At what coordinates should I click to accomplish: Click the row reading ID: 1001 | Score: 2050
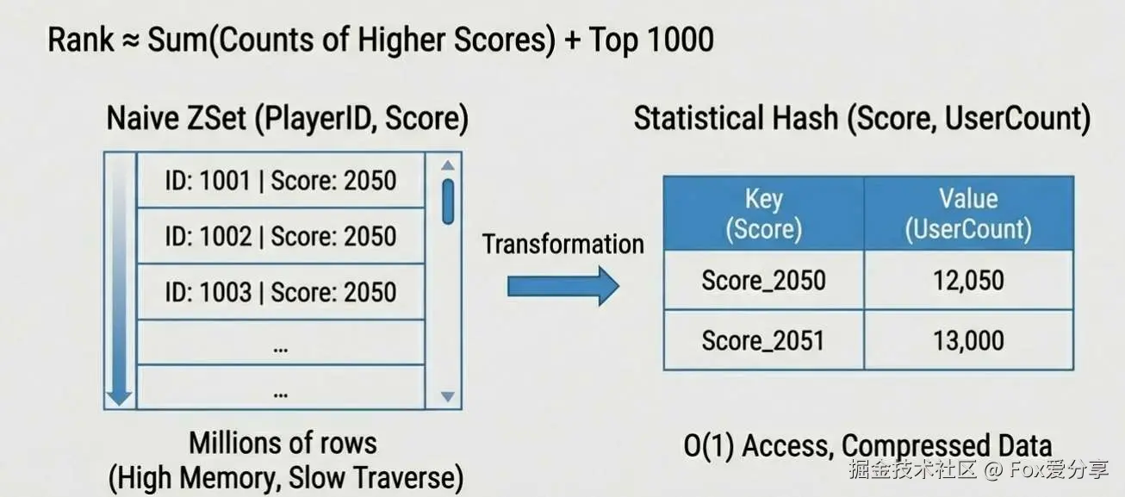click(281, 180)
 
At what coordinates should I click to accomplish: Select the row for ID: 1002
click(281, 236)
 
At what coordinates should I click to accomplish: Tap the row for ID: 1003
click(281, 292)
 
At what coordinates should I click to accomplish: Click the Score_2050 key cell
click(763, 280)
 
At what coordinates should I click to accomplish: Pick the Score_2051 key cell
click(763, 340)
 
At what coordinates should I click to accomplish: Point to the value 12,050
click(968, 280)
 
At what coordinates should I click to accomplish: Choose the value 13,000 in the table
click(968, 340)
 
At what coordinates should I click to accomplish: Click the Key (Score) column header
click(763, 214)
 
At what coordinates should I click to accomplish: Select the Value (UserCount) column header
click(968, 214)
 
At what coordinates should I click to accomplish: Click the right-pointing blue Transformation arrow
click(563, 286)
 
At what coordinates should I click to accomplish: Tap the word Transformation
click(563, 245)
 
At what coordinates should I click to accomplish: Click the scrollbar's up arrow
click(448, 165)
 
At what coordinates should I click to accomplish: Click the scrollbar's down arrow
click(448, 396)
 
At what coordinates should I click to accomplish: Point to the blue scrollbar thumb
click(448, 202)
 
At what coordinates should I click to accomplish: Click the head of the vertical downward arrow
click(120, 398)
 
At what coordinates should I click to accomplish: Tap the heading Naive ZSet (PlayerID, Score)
click(287, 119)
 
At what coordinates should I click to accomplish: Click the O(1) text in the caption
click(709, 446)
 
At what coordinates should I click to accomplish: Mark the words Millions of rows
click(283, 444)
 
